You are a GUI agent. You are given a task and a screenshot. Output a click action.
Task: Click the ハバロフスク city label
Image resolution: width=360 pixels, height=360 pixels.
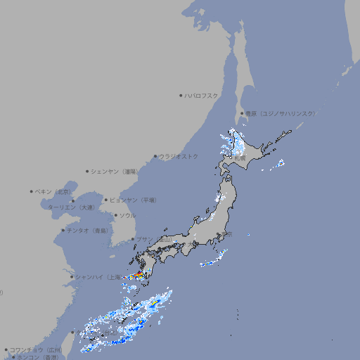click(202, 95)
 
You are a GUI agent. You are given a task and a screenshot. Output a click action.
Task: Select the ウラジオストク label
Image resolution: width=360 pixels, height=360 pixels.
click(179, 156)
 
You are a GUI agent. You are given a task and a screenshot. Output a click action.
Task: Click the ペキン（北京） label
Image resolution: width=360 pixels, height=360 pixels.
click(53, 191)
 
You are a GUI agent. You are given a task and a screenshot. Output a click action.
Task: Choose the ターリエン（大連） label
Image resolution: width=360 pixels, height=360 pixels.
click(70, 208)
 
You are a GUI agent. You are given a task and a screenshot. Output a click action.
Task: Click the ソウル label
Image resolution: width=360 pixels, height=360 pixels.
click(127, 216)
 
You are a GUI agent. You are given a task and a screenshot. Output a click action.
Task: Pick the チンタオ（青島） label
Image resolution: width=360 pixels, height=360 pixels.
click(88, 231)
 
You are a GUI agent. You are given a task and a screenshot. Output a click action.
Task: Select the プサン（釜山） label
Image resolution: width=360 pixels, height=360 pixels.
click(153, 240)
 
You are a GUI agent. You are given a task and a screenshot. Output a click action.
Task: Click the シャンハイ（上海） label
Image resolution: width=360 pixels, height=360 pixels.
click(97, 277)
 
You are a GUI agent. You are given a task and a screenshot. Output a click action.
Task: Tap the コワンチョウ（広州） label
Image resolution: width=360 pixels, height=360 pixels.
click(36, 349)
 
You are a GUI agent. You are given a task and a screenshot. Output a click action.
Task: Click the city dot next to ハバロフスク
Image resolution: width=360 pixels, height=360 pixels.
click(181, 95)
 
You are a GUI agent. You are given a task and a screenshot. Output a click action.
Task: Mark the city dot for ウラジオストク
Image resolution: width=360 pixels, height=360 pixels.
click(155, 156)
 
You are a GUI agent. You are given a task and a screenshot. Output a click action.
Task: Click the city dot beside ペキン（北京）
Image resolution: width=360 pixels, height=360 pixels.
click(32, 191)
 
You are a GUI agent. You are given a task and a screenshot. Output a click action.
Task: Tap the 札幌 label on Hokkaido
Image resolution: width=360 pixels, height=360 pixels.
click(239, 158)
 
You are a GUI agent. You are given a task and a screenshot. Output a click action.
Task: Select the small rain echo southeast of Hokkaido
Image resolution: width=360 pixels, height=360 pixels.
click(280, 164)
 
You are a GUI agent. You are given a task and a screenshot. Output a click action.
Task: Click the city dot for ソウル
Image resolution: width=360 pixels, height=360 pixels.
click(115, 216)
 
